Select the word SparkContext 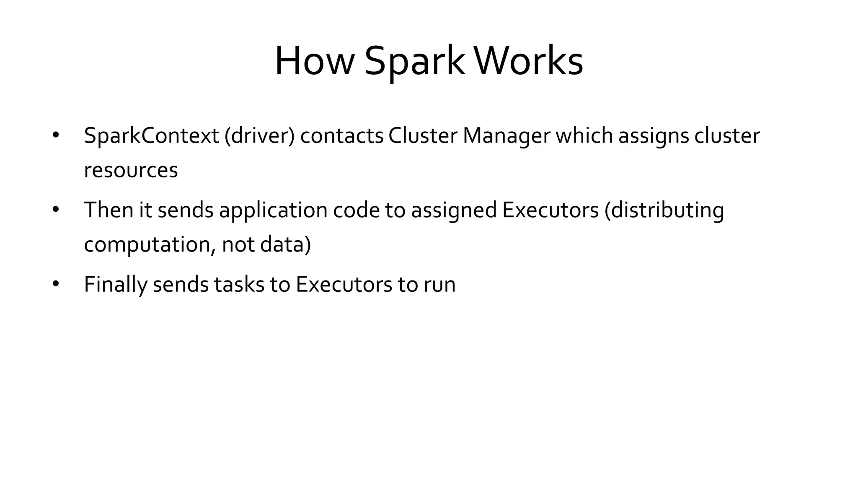[x=151, y=136]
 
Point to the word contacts [x=342, y=136]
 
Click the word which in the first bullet [x=584, y=136]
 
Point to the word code [x=356, y=210]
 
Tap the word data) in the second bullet [x=286, y=244]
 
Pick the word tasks [x=239, y=284]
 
